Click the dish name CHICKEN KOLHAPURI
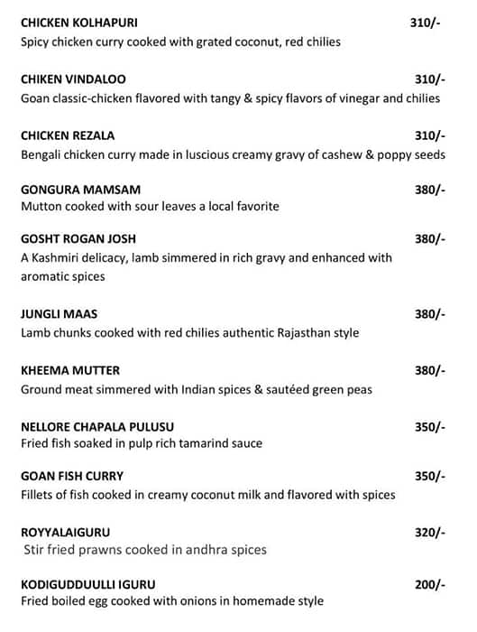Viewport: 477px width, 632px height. [78, 22]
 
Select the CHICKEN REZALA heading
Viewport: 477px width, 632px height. [68, 135]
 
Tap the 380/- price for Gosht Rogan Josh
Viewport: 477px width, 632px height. [429, 239]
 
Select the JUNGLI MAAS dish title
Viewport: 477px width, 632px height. [59, 314]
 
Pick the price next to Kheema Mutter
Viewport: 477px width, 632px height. [429, 370]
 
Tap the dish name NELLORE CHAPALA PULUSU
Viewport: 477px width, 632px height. [96, 426]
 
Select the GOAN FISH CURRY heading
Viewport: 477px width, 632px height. [72, 476]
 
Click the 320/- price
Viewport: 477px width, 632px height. [429, 532]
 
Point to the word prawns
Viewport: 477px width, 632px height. [98, 550]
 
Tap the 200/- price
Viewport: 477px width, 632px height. [429, 585]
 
